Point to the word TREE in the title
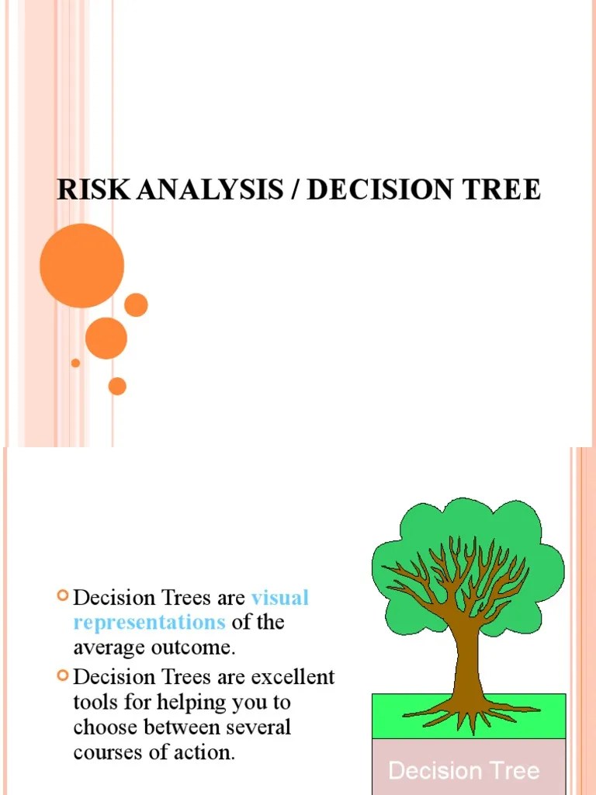[503, 190]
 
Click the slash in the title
[295, 190]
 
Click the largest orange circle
[81, 265]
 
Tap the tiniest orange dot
[75, 363]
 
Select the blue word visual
[280, 598]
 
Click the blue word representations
[149, 622]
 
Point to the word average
[109, 647]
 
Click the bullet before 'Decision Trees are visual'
[63, 596]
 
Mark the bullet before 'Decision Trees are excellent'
[63, 675]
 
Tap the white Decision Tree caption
[463, 771]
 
